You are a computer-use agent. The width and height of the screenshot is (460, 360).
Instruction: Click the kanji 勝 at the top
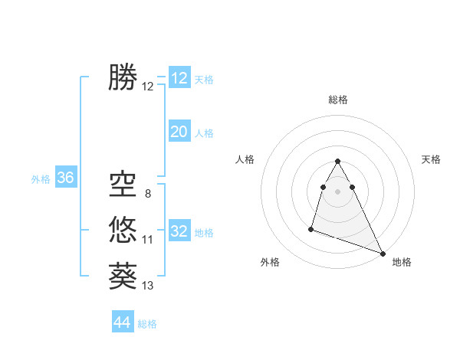coord(123,77)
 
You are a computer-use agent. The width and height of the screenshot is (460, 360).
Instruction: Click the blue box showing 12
coord(179,78)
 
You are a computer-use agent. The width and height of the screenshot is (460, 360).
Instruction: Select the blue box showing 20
coord(179,132)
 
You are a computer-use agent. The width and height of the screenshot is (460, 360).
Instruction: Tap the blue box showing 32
coord(179,231)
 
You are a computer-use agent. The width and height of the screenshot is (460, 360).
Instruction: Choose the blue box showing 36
coord(66,178)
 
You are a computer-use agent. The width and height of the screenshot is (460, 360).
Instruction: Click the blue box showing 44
coord(123,322)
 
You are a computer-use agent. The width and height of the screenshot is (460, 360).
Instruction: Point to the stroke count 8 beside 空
coord(147,193)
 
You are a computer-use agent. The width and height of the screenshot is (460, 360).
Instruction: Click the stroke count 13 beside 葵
coord(148,286)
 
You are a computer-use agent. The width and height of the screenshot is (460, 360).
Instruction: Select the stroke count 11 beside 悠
coord(148,240)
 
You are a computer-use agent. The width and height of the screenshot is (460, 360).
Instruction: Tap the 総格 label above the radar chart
coord(338,100)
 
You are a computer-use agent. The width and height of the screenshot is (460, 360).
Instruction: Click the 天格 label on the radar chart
coord(431,159)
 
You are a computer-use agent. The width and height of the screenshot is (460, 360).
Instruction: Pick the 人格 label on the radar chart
coord(245,159)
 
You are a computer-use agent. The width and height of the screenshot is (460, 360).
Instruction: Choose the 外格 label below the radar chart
coord(269,262)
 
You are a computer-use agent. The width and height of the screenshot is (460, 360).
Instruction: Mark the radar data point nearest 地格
coord(383,253)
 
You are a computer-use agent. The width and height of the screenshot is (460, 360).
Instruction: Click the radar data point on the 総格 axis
coord(338,161)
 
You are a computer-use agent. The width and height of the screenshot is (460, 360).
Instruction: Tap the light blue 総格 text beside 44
coord(147,324)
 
